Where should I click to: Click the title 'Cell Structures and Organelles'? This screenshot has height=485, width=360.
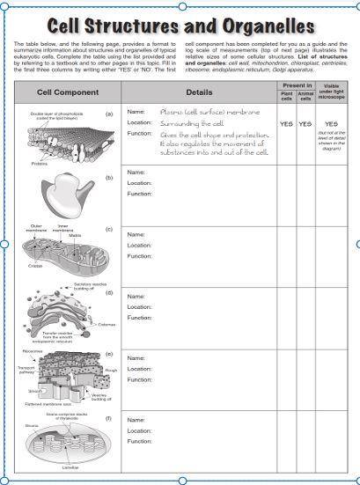tap(180, 23)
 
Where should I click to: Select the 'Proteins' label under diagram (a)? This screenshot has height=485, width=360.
tap(39, 163)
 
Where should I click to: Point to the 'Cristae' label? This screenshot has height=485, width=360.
tap(34, 265)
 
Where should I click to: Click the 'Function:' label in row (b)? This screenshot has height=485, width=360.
tap(140, 194)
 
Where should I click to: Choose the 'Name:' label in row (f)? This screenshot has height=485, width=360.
tap(136, 420)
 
